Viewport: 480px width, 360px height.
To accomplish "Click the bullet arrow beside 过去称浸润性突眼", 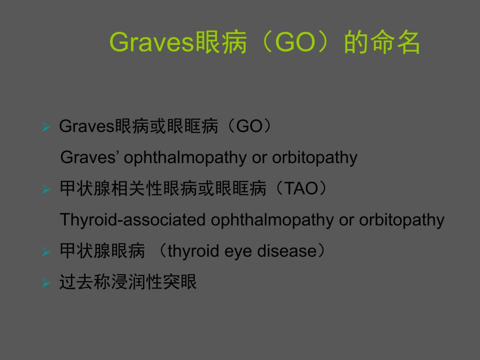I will pyautogui.click(x=46, y=284).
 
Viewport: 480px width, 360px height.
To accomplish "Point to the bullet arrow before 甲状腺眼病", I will pyautogui.click(x=46, y=253).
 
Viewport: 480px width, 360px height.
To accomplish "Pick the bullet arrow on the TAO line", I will pyautogui.click(x=46, y=190).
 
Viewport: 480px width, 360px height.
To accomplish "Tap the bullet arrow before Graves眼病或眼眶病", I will pyautogui.click(x=46, y=128).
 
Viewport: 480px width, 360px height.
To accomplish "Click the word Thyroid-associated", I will pyautogui.click(x=134, y=220).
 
